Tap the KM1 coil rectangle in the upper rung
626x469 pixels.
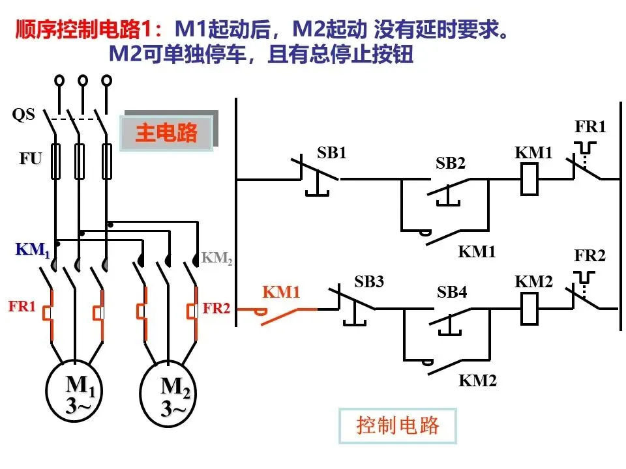(529, 180)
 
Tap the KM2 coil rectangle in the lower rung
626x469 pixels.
(529, 309)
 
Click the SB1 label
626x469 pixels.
(331, 152)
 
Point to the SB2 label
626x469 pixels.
(451, 163)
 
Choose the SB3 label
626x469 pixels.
(368, 281)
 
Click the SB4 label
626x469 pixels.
(451, 292)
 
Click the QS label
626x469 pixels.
(23, 115)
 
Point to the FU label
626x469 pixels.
(31, 159)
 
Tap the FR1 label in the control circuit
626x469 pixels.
(590, 127)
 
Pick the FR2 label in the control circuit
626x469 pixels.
(589, 255)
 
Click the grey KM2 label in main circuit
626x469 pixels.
(216, 258)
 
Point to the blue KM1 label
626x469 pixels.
(33, 249)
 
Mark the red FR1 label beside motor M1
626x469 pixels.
(22, 306)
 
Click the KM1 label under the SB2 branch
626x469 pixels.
(476, 251)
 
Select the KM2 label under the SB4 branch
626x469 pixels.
(477, 381)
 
